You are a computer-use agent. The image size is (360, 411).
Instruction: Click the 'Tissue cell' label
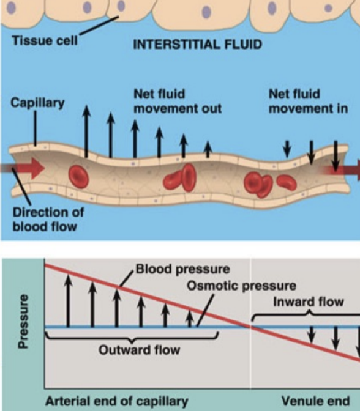(x=38, y=42)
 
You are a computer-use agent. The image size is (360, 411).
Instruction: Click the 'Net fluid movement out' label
(x=177, y=102)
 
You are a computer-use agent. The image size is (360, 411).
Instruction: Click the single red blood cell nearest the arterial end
(x=78, y=176)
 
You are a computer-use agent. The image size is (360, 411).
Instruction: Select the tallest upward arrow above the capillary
(x=86, y=130)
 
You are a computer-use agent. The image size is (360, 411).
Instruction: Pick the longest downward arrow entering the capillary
(x=335, y=156)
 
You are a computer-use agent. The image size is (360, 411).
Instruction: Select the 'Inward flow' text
(x=299, y=302)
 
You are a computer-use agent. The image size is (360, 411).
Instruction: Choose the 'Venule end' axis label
(x=316, y=401)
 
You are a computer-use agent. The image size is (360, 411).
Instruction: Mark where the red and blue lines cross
(x=250, y=327)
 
